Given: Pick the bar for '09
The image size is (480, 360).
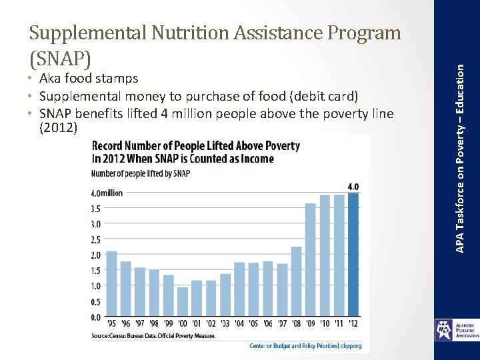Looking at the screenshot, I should [310, 260].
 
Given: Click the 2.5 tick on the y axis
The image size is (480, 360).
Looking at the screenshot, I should [97, 239].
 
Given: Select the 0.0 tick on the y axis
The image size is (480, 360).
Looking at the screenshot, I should [97, 317].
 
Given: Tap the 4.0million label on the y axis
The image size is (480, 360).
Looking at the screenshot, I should [107, 193].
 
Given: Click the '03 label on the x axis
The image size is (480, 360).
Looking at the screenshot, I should [225, 325].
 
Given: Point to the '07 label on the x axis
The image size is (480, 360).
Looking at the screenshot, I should [282, 325].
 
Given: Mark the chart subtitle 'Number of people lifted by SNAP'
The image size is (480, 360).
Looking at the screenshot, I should [140, 174].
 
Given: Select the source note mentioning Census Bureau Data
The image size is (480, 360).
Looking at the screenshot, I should [153, 336].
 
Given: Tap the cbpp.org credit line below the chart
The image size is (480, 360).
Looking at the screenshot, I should [305, 346].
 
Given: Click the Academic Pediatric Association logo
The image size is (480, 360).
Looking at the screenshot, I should [457, 329].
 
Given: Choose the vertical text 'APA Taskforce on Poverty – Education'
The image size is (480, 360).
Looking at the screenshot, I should [459, 127].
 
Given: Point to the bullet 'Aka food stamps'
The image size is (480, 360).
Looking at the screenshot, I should [87, 79].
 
